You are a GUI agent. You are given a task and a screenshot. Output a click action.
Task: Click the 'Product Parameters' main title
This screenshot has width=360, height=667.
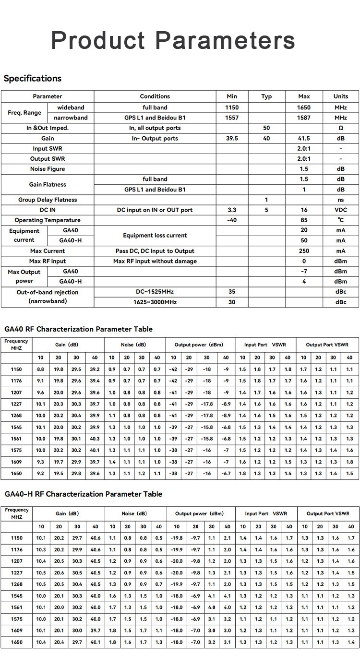click(173, 40)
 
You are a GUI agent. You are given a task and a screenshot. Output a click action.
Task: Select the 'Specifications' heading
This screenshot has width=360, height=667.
click(33, 78)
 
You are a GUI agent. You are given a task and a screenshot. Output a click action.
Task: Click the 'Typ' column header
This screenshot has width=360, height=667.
click(266, 96)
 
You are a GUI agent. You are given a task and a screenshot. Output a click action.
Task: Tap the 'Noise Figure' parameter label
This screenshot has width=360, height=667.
click(48, 169)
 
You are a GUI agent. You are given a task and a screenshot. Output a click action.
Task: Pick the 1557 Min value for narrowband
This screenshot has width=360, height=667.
click(232, 118)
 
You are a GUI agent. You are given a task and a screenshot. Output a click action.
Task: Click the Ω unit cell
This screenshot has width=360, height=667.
click(341, 128)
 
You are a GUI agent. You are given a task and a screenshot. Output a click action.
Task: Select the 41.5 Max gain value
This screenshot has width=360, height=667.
click(304, 138)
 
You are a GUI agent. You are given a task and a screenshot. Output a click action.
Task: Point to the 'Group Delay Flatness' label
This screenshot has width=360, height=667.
click(48, 200)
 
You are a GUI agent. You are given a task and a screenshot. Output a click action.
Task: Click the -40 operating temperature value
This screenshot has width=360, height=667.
click(232, 220)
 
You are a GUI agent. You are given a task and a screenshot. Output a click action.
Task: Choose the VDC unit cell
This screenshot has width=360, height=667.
click(341, 210)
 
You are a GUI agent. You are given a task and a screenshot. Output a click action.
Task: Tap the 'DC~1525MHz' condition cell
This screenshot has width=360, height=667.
click(155, 292)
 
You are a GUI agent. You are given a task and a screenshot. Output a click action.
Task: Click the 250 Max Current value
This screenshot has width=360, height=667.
click(304, 251)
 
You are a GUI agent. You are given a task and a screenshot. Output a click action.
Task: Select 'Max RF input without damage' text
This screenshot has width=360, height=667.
click(155, 261)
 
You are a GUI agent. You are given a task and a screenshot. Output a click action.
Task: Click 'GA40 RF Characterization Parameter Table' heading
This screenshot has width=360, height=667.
click(78, 329)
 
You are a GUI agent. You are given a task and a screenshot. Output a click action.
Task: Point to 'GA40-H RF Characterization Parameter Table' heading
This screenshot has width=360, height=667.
click(83, 494)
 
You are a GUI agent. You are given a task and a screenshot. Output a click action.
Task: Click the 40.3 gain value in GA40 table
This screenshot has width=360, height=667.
click(95, 439)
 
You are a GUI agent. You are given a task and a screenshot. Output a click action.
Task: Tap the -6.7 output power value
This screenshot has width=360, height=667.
click(226, 473)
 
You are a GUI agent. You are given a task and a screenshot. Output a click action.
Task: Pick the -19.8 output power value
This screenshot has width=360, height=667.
click(177, 538)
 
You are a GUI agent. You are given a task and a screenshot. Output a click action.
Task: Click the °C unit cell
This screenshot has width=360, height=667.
click(341, 220)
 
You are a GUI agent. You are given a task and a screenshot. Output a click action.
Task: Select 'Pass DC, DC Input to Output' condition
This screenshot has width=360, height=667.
click(155, 251)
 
